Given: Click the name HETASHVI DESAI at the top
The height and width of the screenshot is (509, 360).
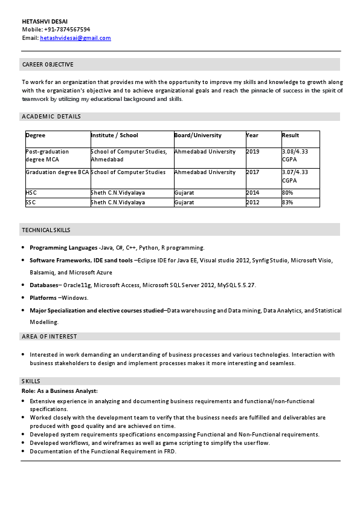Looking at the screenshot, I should (45, 21).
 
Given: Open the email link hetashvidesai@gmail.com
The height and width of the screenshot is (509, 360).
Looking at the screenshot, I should (75, 37).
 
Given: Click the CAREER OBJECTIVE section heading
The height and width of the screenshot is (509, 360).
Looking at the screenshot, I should (48, 65).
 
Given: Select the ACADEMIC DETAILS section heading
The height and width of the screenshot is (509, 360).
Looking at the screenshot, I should (51, 117).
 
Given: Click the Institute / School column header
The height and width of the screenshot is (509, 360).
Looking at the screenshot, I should (114, 135).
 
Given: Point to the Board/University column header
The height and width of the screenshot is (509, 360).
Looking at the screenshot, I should (198, 135).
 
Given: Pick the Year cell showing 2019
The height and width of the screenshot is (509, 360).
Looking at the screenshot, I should (252, 152).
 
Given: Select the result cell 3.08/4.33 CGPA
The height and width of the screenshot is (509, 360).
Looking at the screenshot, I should (295, 155).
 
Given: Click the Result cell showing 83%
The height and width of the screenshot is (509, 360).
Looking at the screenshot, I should (288, 203).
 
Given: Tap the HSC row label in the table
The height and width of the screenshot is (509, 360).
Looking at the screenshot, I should (31, 193).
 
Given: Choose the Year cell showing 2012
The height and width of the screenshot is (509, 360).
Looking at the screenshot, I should (252, 203).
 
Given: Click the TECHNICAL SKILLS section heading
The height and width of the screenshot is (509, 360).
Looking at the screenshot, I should (46, 230).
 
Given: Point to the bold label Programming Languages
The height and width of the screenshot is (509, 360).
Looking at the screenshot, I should (63, 248).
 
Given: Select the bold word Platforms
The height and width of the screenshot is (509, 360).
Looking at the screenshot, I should (43, 297).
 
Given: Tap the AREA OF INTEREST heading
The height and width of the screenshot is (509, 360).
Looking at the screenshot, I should (50, 336).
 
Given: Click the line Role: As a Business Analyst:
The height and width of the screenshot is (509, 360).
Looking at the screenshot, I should (59, 391).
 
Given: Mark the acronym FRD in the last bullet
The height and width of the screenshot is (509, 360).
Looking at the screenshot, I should (170, 452).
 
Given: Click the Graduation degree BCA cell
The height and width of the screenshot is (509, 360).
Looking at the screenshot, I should (57, 172).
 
